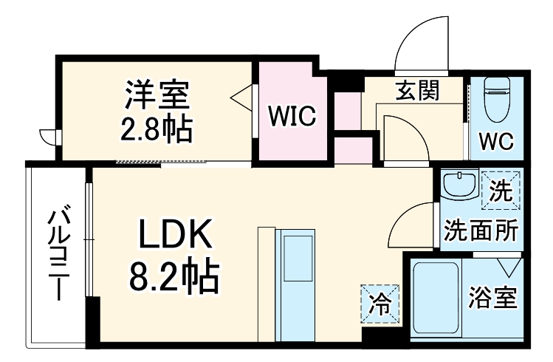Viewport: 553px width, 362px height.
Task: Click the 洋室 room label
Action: coord(157,96)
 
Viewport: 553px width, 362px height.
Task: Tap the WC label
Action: coord(496,140)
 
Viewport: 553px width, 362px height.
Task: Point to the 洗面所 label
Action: coord(480,230)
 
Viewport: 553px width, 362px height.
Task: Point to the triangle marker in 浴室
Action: coord(509,264)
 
